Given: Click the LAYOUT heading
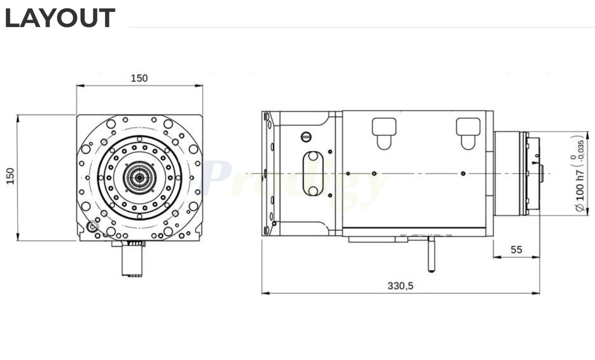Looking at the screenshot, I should [60, 18].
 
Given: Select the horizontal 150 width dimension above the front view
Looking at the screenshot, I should [139, 78].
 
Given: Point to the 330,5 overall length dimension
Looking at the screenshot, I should [400, 286].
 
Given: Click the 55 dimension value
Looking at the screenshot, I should [516, 250].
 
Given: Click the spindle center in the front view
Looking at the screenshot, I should [139, 177].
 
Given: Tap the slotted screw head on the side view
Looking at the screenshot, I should [306, 137].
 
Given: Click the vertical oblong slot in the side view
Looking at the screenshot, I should [313, 173].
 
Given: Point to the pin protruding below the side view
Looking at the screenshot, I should [431, 254].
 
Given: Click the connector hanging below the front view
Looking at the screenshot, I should [133, 260].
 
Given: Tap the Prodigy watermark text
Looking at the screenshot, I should [294, 179].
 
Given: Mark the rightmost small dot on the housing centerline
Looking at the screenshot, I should [462, 174].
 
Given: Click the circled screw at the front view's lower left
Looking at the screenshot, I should [92, 226].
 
